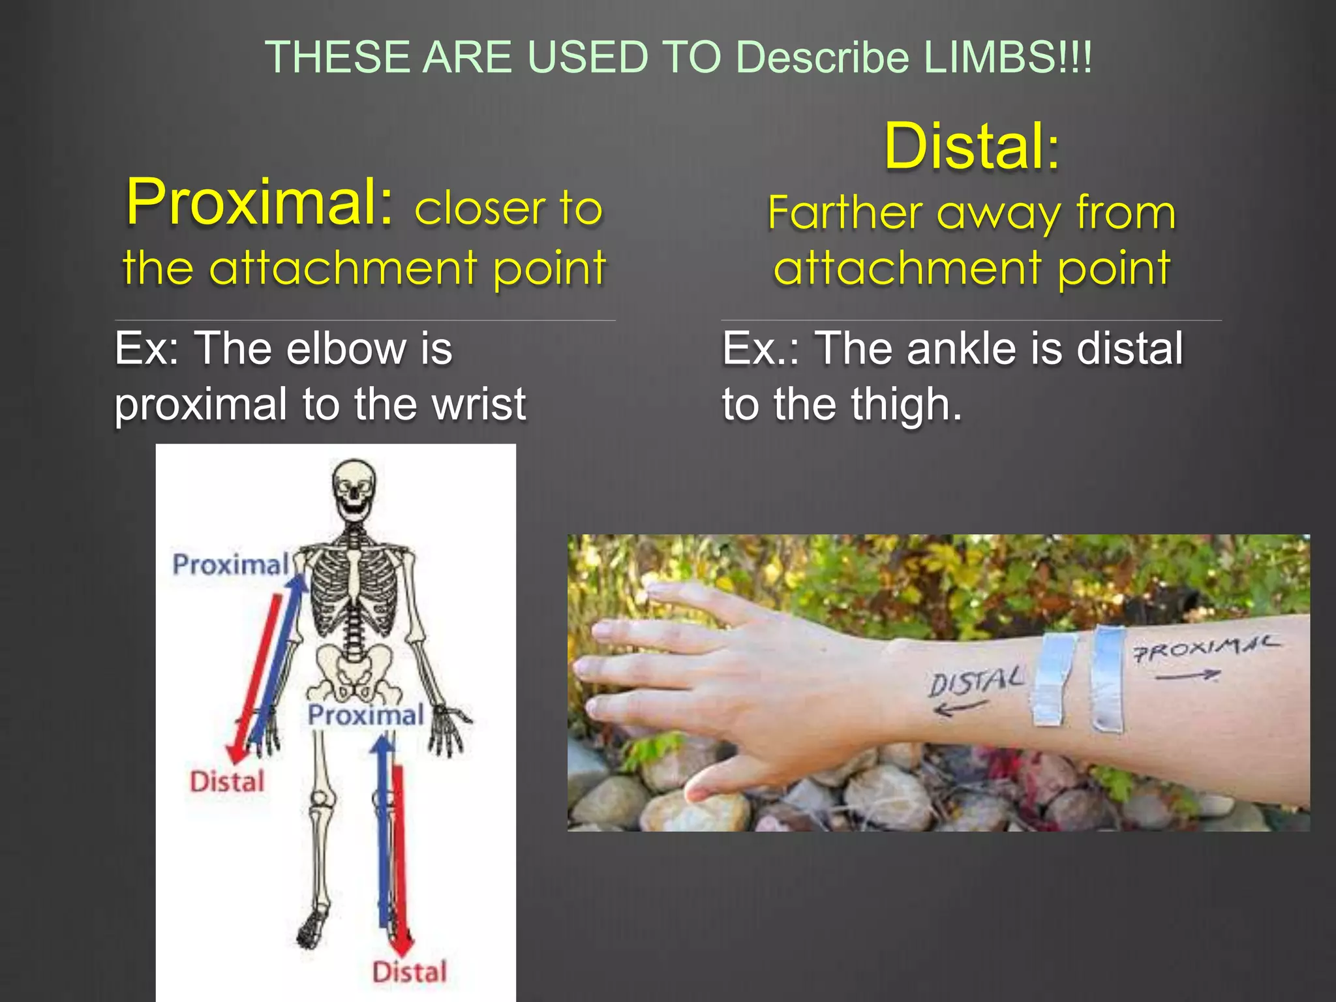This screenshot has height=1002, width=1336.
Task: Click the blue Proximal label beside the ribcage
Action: [x=230, y=564]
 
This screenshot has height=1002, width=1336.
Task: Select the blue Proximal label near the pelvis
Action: [x=365, y=715]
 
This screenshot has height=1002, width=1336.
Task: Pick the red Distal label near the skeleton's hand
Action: [x=227, y=782]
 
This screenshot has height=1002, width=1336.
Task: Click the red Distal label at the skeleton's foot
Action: [x=409, y=972]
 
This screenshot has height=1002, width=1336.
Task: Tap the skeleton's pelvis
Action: [x=354, y=672]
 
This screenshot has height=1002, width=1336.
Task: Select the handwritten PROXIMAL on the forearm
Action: [x=1206, y=648]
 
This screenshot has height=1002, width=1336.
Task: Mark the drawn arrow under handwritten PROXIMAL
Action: [x=1187, y=676]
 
